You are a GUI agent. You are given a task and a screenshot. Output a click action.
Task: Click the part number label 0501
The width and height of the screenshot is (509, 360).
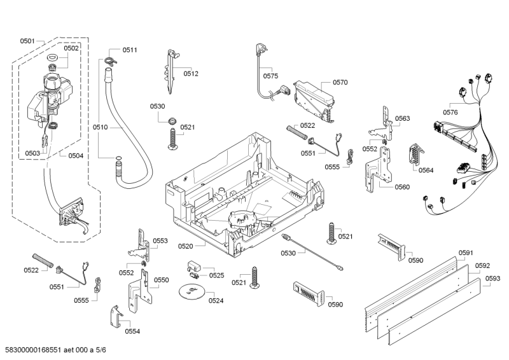(27, 41)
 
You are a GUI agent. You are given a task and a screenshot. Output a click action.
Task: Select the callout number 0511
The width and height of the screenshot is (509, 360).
(130, 50)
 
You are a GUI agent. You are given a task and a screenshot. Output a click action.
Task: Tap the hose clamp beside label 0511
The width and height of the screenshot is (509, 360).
(109, 60)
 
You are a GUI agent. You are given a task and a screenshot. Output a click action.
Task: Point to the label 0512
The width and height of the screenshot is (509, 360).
(191, 74)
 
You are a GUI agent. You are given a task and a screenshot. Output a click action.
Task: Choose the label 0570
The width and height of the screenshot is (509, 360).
(340, 82)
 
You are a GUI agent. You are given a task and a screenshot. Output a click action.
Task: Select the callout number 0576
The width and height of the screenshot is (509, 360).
(450, 112)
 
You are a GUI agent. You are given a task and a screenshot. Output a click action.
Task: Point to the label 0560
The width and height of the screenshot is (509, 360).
(401, 187)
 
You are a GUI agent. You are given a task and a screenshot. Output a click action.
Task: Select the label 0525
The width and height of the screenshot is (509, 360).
(216, 275)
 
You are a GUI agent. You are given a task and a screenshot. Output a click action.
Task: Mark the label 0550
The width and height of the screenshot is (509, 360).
(161, 280)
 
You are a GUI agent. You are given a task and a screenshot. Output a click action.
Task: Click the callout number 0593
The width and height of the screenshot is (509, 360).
(492, 278)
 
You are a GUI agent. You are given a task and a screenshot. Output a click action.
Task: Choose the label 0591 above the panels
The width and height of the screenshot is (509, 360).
(466, 253)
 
